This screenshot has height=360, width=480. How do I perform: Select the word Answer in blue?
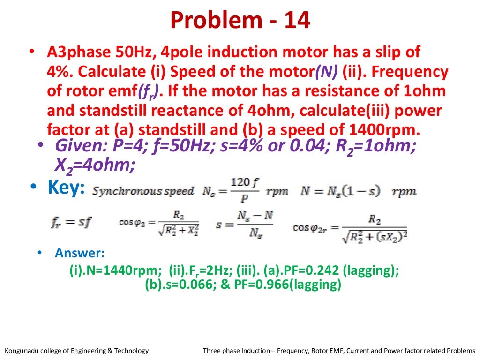click(79, 254)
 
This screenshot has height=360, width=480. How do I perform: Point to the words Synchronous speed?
click(143, 191)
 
